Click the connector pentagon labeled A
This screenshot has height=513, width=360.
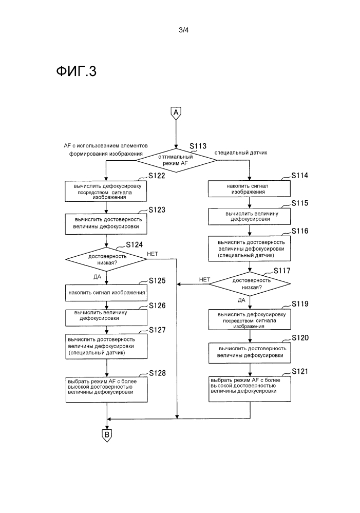click(x=176, y=113)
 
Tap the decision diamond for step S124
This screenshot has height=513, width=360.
click(x=106, y=259)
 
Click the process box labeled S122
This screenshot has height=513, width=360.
click(x=106, y=191)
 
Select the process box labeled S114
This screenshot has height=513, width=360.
click(x=250, y=188)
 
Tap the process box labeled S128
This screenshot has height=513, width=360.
click(x=106, y=386)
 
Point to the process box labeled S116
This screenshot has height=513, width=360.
click(x=250, y=248)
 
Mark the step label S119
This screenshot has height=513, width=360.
click(x=300, y=303)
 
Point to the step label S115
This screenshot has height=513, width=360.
click(x=300, y=203)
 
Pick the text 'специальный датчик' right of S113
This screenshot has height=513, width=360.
click(x=241, y=153)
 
